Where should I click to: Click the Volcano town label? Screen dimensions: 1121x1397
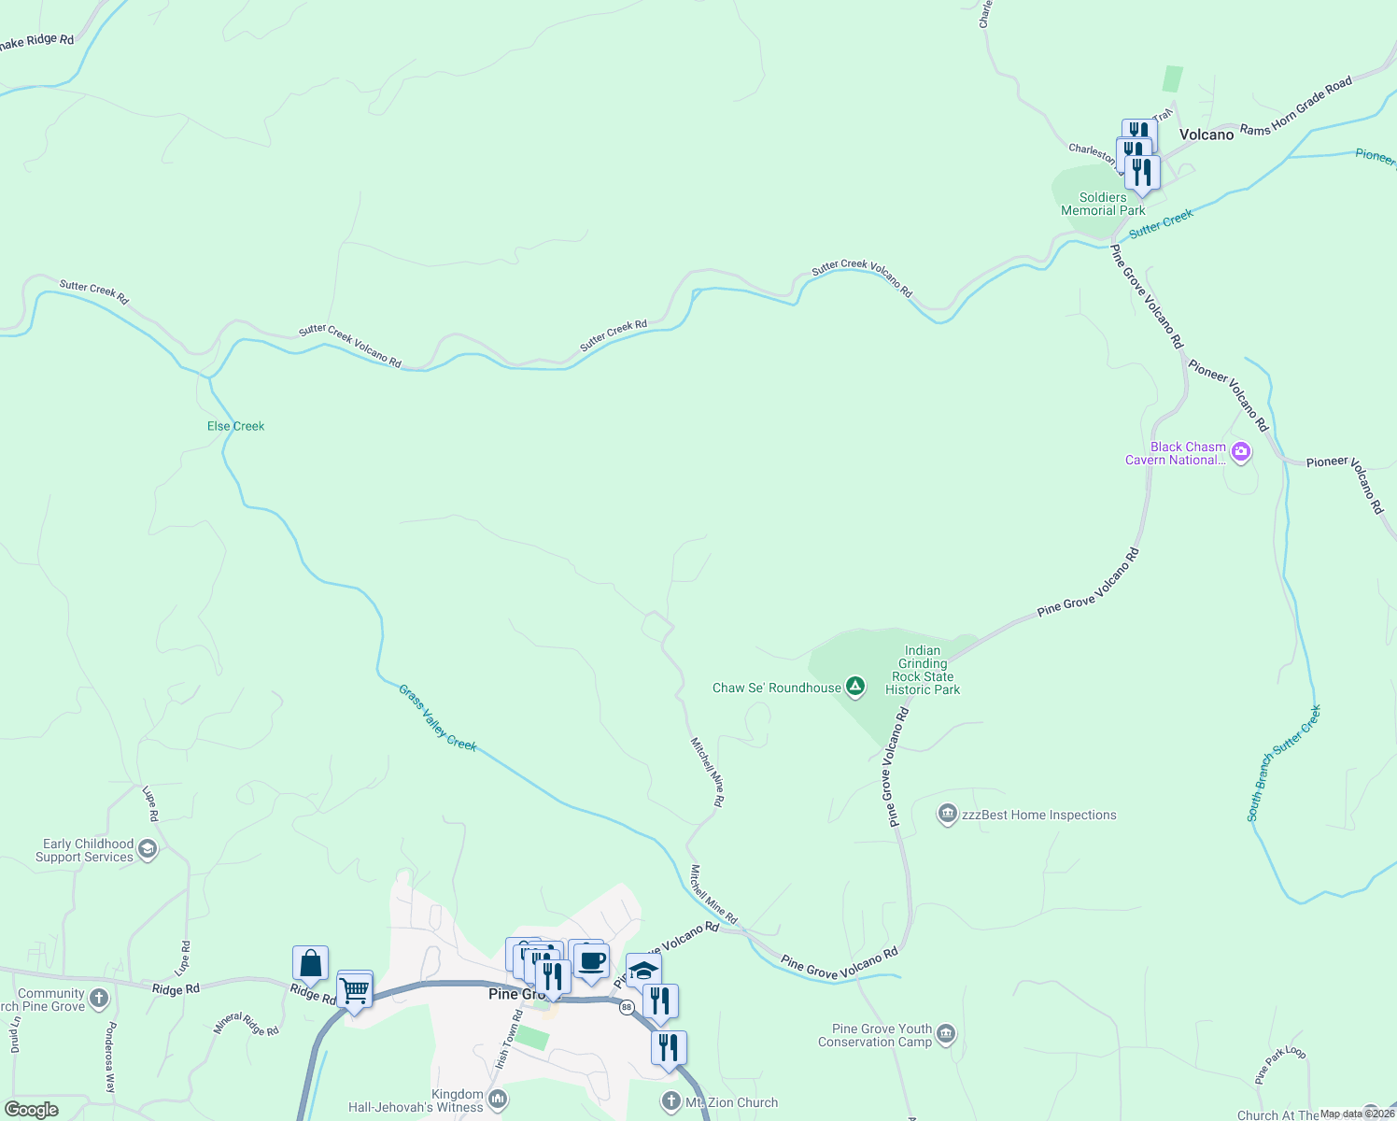[1206, 135]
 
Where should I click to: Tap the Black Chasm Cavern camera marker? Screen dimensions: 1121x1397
[1241, 453]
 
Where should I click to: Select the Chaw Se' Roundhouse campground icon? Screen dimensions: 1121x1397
[854, 688]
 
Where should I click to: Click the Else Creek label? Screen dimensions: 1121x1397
[235, 426]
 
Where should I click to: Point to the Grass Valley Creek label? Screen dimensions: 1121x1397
[438, 717]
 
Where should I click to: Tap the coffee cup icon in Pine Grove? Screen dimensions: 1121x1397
[591, 959]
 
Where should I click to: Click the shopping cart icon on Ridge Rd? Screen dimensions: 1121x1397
[355, 989]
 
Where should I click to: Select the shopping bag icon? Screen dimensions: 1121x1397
[310, 963]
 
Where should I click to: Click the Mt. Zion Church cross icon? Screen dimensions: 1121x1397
[670, 1102]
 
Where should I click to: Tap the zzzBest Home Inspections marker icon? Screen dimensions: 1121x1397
[947, 815]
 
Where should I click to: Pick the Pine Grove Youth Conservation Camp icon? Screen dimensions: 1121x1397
[946, 1034]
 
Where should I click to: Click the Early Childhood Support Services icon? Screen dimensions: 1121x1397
[147, 849]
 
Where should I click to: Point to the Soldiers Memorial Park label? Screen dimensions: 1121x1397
[1103, 204]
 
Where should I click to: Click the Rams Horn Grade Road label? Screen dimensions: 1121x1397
[1296, 106]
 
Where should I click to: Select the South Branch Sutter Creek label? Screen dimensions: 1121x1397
[1284, 764]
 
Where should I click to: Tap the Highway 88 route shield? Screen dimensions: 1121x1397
[626, 1007]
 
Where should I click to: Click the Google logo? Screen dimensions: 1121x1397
[31, 1110]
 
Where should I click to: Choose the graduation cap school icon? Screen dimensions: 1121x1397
[643, 971]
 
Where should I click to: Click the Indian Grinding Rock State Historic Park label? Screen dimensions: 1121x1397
[923, 670]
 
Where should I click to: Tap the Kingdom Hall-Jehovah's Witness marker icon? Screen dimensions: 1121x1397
[498, 1100]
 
